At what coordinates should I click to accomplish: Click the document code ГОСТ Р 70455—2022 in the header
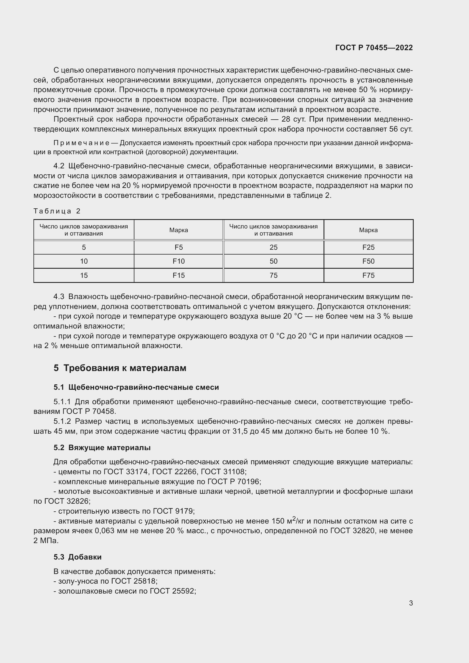click(x=374, y=48)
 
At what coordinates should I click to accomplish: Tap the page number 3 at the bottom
click(x=411, y=603)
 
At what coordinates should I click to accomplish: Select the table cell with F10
click(x=178, y=261)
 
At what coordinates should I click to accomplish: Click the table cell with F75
click(x=368, y=276)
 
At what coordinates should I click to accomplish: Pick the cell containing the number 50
click(x=273, y=261)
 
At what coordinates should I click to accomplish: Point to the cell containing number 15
click(x=84, y=276)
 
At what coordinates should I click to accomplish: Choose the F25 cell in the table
click(x=368, y=247)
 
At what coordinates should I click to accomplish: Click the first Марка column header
click(x=178, y=230)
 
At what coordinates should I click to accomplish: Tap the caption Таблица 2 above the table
click(x=57, y=211)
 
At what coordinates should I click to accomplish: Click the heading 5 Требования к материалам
click(x=120, y=368)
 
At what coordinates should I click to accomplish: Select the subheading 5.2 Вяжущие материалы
click(x=102, y=448)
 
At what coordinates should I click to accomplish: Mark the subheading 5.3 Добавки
click(x=77, y=557)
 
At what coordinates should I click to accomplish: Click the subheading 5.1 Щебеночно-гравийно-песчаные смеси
click(x=136, y=387)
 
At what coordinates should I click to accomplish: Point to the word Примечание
click(x=81, y=143)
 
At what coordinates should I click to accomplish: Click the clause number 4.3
click(x=59, y=296)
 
